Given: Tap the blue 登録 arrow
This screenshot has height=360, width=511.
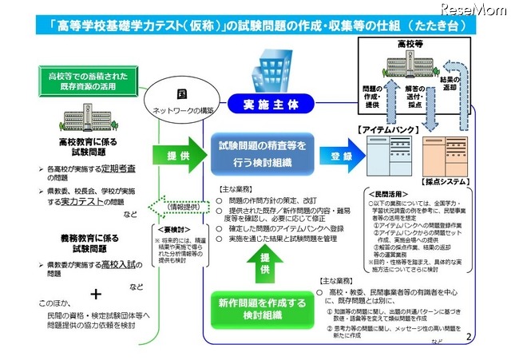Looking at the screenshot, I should pos(337,156).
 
